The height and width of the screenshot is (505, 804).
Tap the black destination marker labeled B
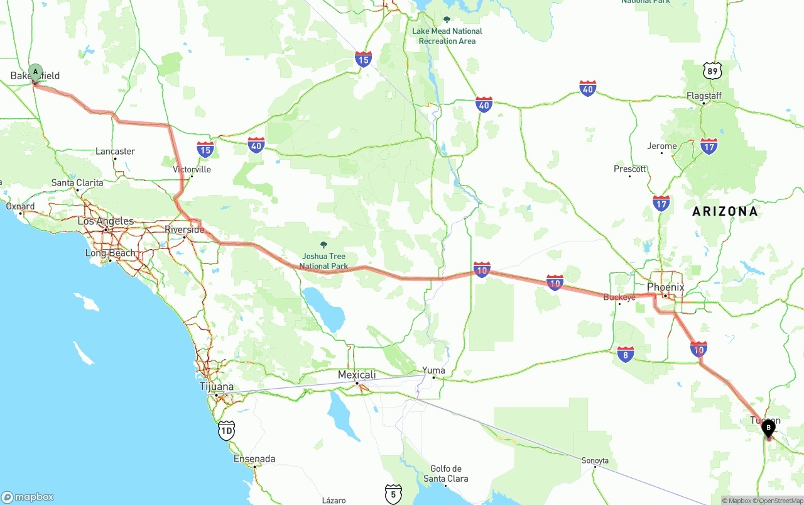point(768,428)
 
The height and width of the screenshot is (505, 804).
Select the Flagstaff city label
point(704,96)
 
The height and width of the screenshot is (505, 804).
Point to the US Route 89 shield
point(712,70)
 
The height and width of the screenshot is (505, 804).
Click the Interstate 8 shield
point(625,354)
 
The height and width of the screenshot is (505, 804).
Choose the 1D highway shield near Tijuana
point(227,430)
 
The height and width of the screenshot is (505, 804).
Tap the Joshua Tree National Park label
point(323,261)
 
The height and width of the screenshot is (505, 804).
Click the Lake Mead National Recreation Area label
point(447,36)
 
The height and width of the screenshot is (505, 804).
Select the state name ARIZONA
point(725,211)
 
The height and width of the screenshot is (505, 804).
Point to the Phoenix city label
point(665,287)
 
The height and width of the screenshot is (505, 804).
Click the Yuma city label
point(433,370)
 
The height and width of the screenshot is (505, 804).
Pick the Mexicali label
point(357,375)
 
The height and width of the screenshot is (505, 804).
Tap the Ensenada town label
point(254,459)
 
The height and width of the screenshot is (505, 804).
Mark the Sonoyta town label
point(595,461)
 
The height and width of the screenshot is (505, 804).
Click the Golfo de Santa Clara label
point(446,474)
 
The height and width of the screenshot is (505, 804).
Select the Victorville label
point(192,170)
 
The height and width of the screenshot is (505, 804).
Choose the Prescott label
point(630,169)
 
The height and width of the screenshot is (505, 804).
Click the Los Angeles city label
point(106,221)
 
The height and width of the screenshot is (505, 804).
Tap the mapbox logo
point(28,497)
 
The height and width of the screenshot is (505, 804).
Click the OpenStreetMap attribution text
point(781,501)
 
